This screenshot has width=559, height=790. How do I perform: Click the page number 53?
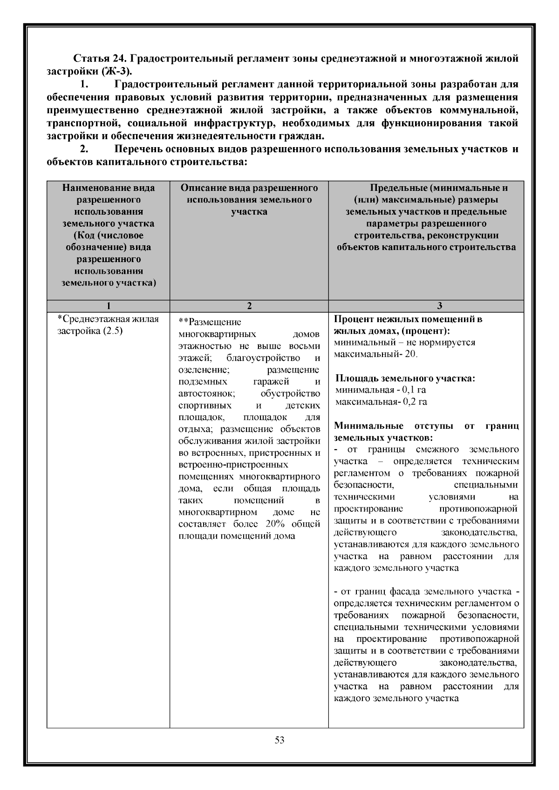pyautogui.click(x=279, y=740)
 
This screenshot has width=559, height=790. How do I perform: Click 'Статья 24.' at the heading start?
pyautogui.click(x=97, y=59)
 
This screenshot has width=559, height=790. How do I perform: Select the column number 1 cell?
pyautogui.click(x=109, y=306)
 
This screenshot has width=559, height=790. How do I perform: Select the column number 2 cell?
pyautogui.click(x=249, y=306)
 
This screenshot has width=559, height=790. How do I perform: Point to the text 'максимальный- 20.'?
pyautogui.click(x=376, y=354)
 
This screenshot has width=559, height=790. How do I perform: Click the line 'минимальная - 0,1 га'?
pyautogui.click(x=381, y=390)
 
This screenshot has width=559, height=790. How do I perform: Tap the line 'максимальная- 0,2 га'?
pyautogui.click(x=381, y=401)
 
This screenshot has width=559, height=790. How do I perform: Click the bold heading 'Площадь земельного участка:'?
pyautogui.click(x=405, y=378)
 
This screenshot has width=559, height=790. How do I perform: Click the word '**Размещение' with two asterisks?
pyautogui.click(x=210, y=322)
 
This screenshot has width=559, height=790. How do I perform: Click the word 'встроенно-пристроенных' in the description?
pyautogui.click(x=233, y=465)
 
